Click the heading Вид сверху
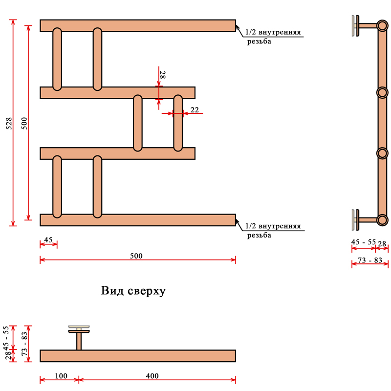pyautogui.click(x=133, y=291)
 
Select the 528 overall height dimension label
pyautogui.click(x=9, y=123)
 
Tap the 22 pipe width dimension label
pyautogui.click(x=194, y=110)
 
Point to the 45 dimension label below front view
pyautogui.click(x=48, y=239)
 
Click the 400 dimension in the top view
pyautogui.click(x=152, y=376)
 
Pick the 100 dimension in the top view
pyautogui.click(x=61, y=376)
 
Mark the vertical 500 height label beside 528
pyautogui.click(x=24, y=123)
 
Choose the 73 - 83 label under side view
pyautogui.click(x=370, y=260)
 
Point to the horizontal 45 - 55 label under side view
pyautogui.click(x=364, y=242)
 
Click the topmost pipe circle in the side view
pyautogui.click(x=382, y=25)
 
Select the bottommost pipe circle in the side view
pyautogui.click(x=382, y=219)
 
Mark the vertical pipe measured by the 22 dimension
pyautogui.click(x=178, y=122)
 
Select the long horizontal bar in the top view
pyautogui.click(x=138, y=356)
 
